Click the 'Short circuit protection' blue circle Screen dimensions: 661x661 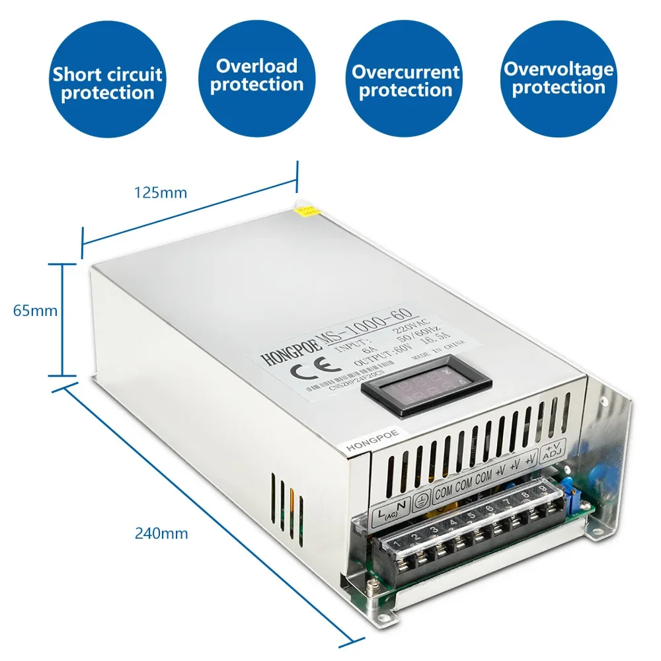pos(108,83)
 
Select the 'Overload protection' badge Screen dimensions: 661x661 pos(257,76)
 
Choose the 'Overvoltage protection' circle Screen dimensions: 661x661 pos(559,79)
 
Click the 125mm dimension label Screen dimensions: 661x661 pos(161,193)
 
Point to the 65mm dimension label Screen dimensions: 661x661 pos(35,310)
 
